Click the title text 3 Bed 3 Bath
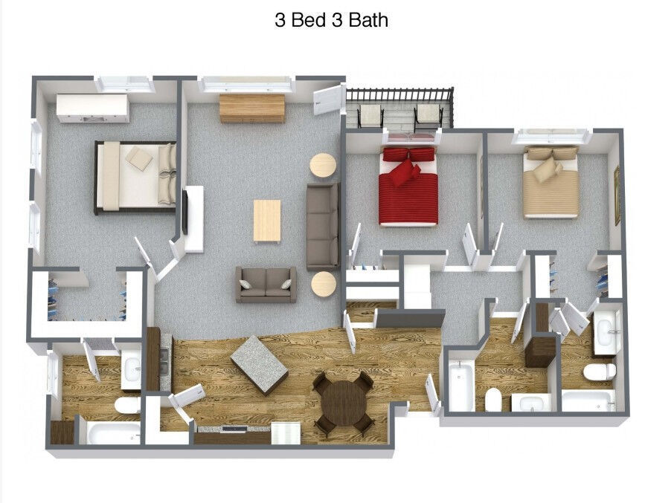pos(331,20)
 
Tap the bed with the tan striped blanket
pos(551,184)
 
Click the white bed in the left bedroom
pos(135,177)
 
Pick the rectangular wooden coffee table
pos(267,220)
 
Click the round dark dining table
pos(344,403)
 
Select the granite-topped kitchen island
pos(259,364)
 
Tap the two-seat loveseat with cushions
pos(266,284)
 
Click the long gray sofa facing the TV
pos(323,226)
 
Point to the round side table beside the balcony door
pos(323,165)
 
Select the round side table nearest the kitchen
pos(324,284)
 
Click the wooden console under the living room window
pos(252,108)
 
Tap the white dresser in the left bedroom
pos(93,108)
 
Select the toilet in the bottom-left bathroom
pos(127,405)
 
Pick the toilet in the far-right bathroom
pos(599,371)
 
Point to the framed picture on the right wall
pos(616,195)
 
